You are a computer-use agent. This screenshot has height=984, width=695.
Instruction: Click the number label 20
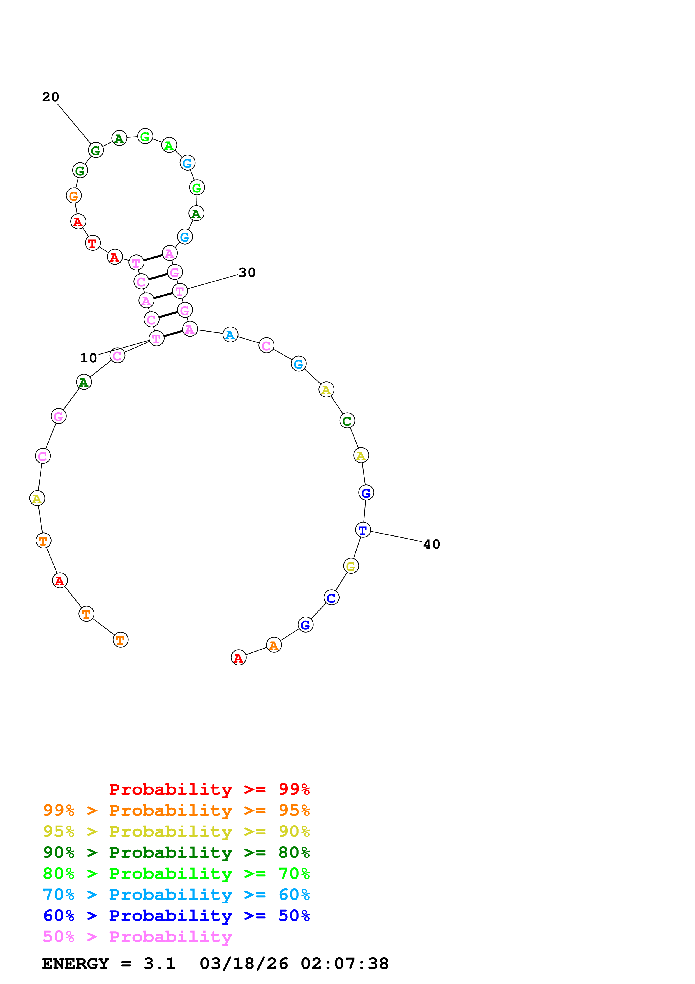click(x=50, y=97)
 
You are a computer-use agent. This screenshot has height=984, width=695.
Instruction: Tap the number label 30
click(x=247, y=273)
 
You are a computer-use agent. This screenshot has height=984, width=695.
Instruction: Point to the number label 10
click(x=89, y=358)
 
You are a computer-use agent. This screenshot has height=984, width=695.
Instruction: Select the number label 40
click(x=432, y=544)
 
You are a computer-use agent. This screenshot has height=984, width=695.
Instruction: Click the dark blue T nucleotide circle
click(x=363, y=530)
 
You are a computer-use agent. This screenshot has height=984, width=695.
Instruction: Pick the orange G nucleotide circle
click(x=74, y=196)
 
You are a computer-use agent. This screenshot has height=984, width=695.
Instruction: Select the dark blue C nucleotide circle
click(x=331, y=597)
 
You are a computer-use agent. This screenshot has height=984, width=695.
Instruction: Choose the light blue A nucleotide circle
click(x=230, y=335)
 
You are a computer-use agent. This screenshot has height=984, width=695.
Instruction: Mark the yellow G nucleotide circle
click(x=351, y=566)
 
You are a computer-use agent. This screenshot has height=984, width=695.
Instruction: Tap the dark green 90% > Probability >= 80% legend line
click(x=176, y=852)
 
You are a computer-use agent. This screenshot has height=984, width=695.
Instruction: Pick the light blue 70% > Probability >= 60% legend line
click(x=176, y=895)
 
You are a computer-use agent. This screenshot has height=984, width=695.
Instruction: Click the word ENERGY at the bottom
click(x=75, y=964)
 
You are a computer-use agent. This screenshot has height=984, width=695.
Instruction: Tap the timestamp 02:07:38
click(x=345, y=964)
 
